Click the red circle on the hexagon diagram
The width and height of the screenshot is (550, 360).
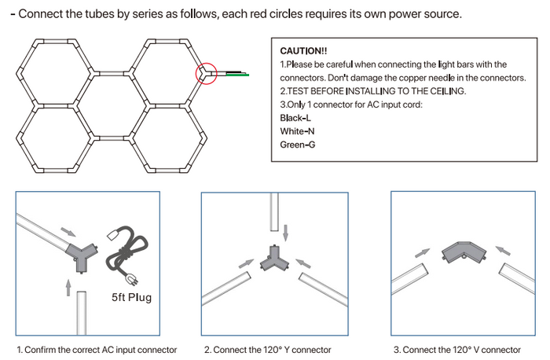[206, 73]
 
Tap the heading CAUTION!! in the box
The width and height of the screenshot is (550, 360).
[299, 50]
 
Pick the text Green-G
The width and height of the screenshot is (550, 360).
[298, 144]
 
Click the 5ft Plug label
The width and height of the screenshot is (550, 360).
[131, 298]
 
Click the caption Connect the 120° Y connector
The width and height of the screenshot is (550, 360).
[268, 350]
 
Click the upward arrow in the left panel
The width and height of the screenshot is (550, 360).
[68, 287]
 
